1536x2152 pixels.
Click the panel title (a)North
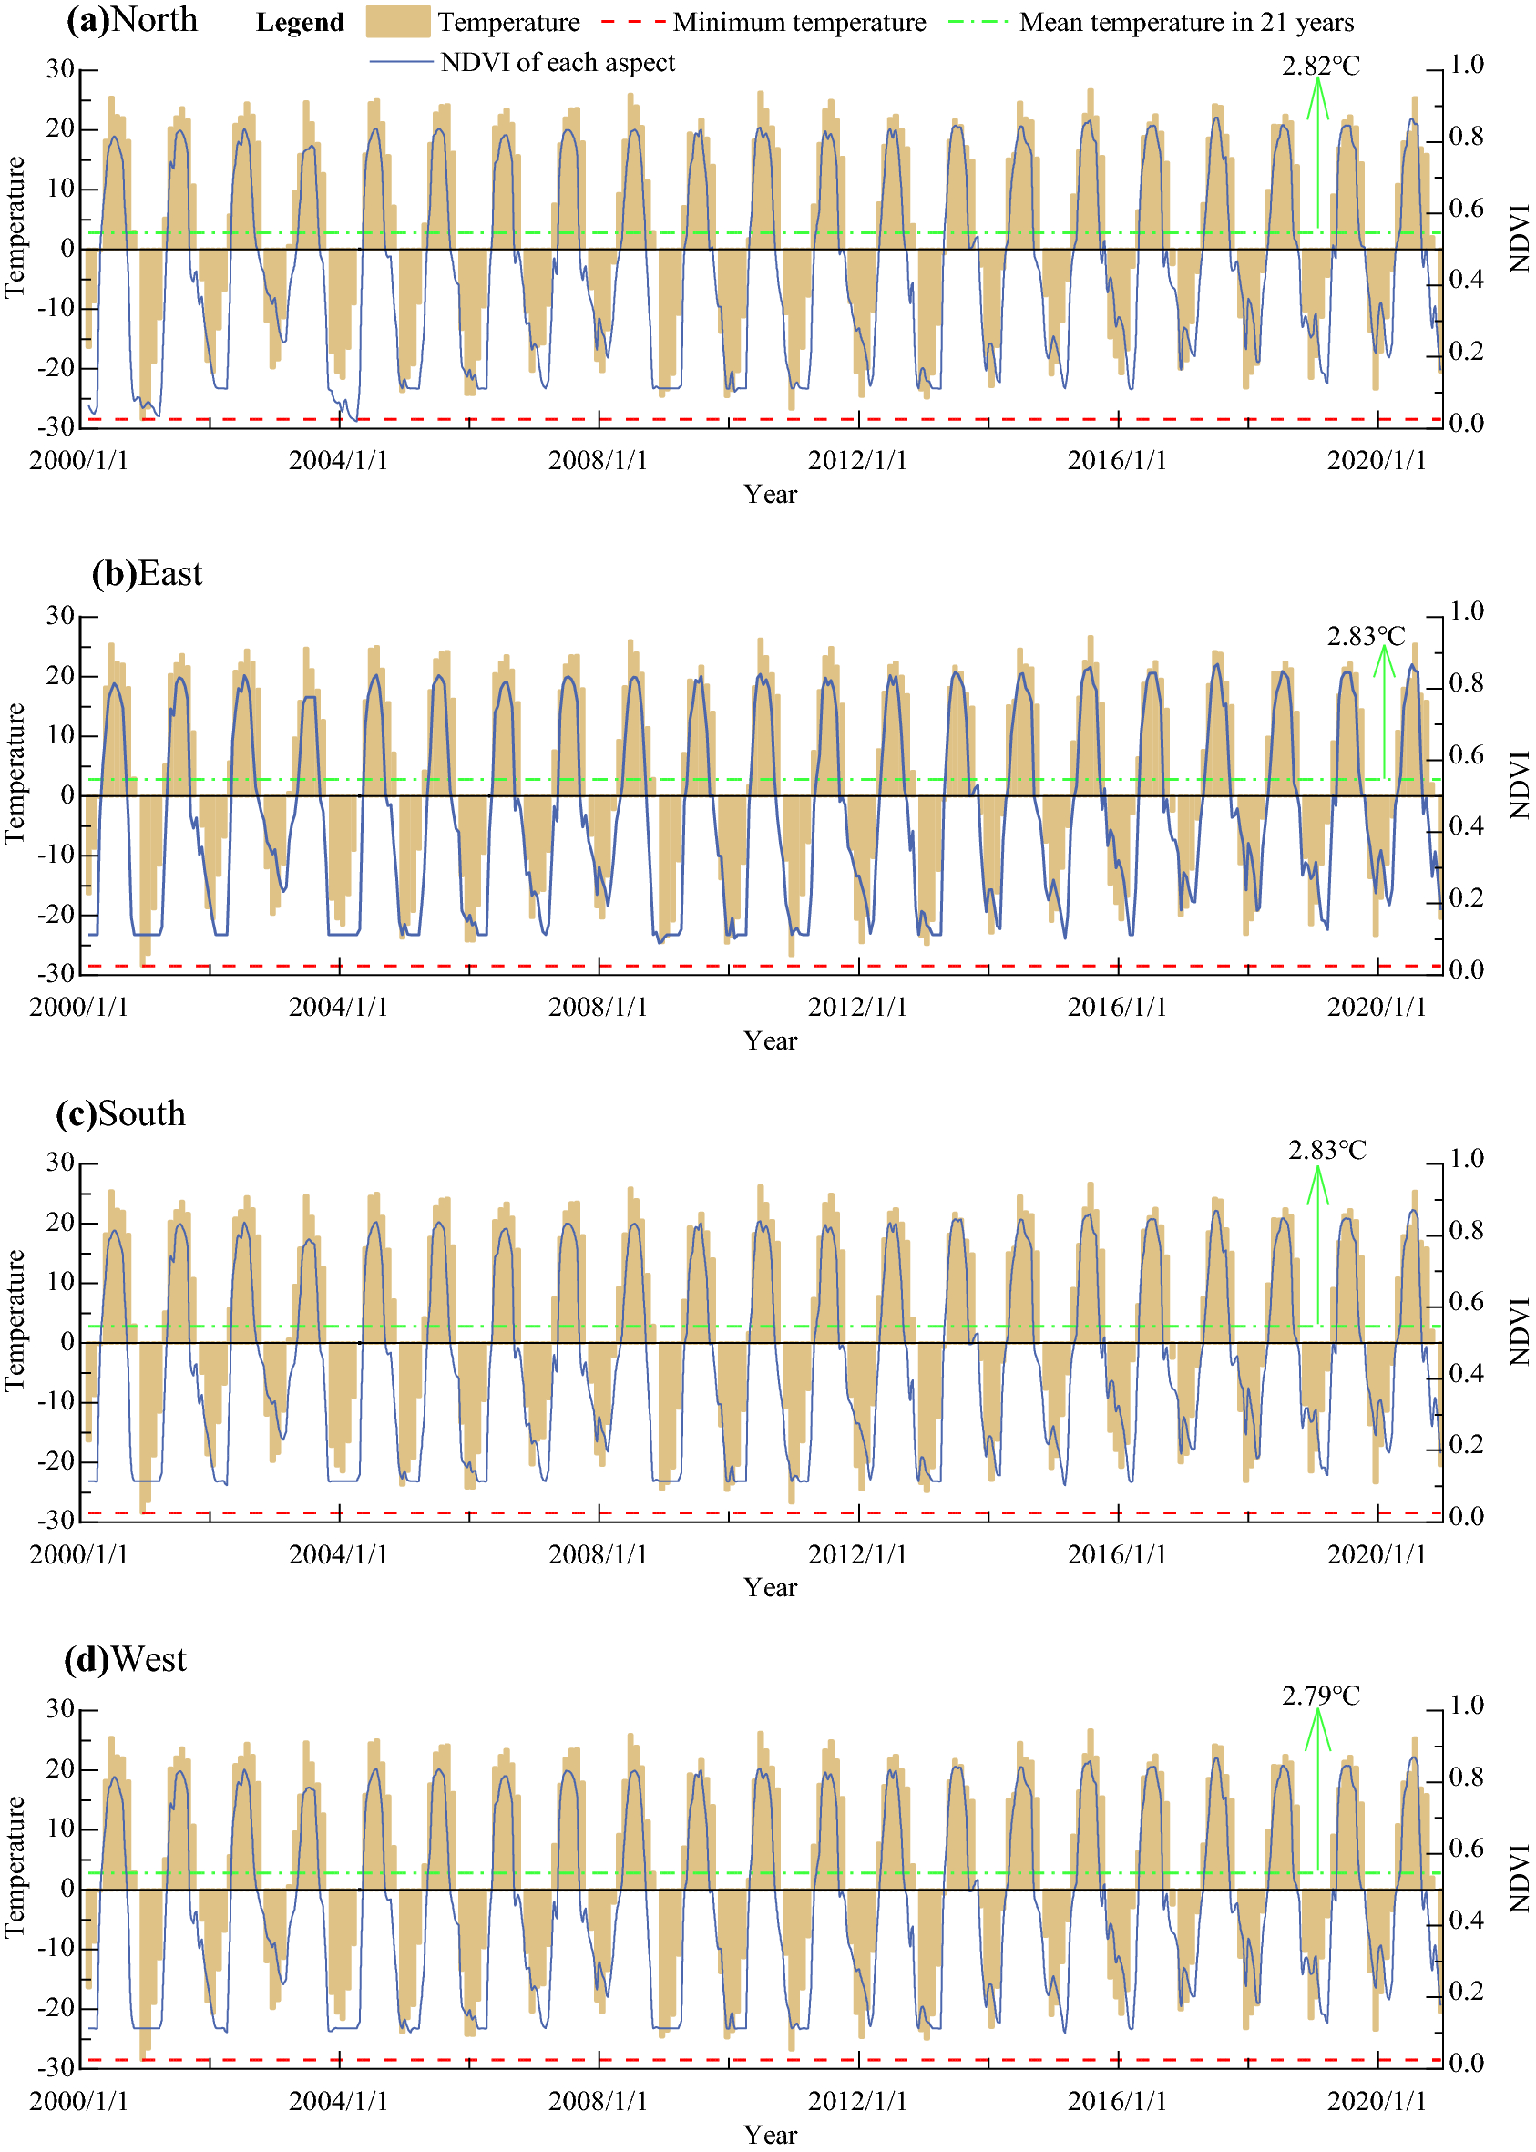[x=131, y=20]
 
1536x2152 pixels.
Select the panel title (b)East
[x=147, y=573]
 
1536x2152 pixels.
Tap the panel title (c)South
[x=121, y=1113]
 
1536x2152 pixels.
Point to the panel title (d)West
[x=125, y=1659]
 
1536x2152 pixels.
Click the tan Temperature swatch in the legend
[x=398, y=22]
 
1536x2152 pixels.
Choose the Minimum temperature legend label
[x=799, y=22]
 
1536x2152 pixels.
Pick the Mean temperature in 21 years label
[x=1186, y=22]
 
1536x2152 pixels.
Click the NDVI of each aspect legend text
[x=558, y=63]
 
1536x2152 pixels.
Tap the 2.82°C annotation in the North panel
[x=1320, y=67]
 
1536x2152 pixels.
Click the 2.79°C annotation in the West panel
[x=1320, y=1696]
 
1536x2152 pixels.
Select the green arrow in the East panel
[x=1384, y=710]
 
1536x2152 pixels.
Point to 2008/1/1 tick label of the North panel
[x=598, y=461]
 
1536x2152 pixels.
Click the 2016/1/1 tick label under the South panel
[x=1117, y=1554]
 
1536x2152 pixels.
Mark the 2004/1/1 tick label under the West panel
[x=338, y=2101]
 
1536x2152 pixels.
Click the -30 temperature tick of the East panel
[x=56, y=973]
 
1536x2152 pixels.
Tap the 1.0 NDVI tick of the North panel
[x=1466, y=65]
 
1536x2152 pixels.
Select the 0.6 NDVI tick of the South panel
[x=1466, y=1302]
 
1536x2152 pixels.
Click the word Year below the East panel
[x=770, y=1040]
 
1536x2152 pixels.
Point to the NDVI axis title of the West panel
[x=1518, y=1878]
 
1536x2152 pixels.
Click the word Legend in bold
[x=300, y=23]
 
